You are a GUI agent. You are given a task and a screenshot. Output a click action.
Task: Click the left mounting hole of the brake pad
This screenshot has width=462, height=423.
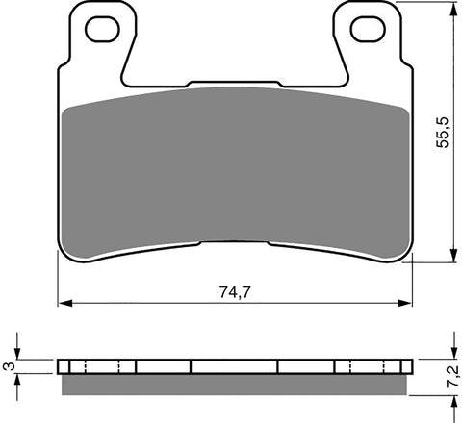tap(99, 31)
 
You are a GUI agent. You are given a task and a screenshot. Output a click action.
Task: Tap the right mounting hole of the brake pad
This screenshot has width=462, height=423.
tap(366, 31)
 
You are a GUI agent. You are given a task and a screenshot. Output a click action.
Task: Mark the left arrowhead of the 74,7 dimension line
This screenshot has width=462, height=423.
tap(64, 304)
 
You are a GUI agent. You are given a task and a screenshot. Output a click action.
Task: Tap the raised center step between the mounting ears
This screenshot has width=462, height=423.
tap(232, 85)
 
